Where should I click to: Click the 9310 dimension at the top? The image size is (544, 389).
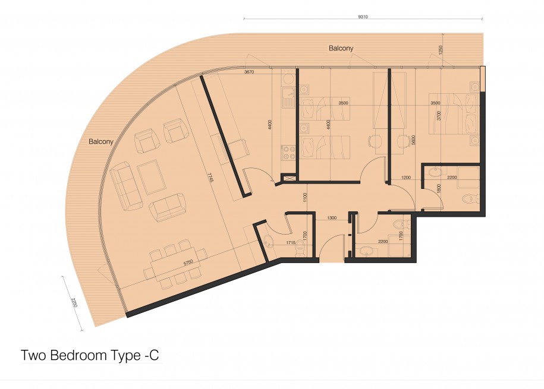(x=363, y=17)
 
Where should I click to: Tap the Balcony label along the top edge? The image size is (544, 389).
(x=341, y=48)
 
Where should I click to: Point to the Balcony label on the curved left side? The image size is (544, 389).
(x=101, y=141)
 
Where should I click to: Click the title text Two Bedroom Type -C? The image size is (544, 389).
(x=90, y=355)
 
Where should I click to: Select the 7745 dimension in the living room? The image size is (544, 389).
(x=209, y=178)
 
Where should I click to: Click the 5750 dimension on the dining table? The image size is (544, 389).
(x=188, y=263)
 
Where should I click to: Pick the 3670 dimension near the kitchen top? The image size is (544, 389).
(x=249, y=72)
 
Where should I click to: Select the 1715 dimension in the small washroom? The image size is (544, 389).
(x=291, y=243)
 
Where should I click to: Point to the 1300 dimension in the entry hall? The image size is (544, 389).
(x=332, y=218)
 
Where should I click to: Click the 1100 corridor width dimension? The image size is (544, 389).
(x=305, y=198)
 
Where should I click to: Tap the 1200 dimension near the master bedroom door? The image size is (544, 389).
(x=406, y=178)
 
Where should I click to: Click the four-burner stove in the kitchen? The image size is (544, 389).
(x=288, y=153)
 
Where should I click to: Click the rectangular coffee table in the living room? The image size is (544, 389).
(x=151, y=178)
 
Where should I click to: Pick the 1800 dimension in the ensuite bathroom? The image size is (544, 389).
(x=439, y=188)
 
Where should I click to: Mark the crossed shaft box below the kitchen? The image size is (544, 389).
(x=288, y=178)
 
